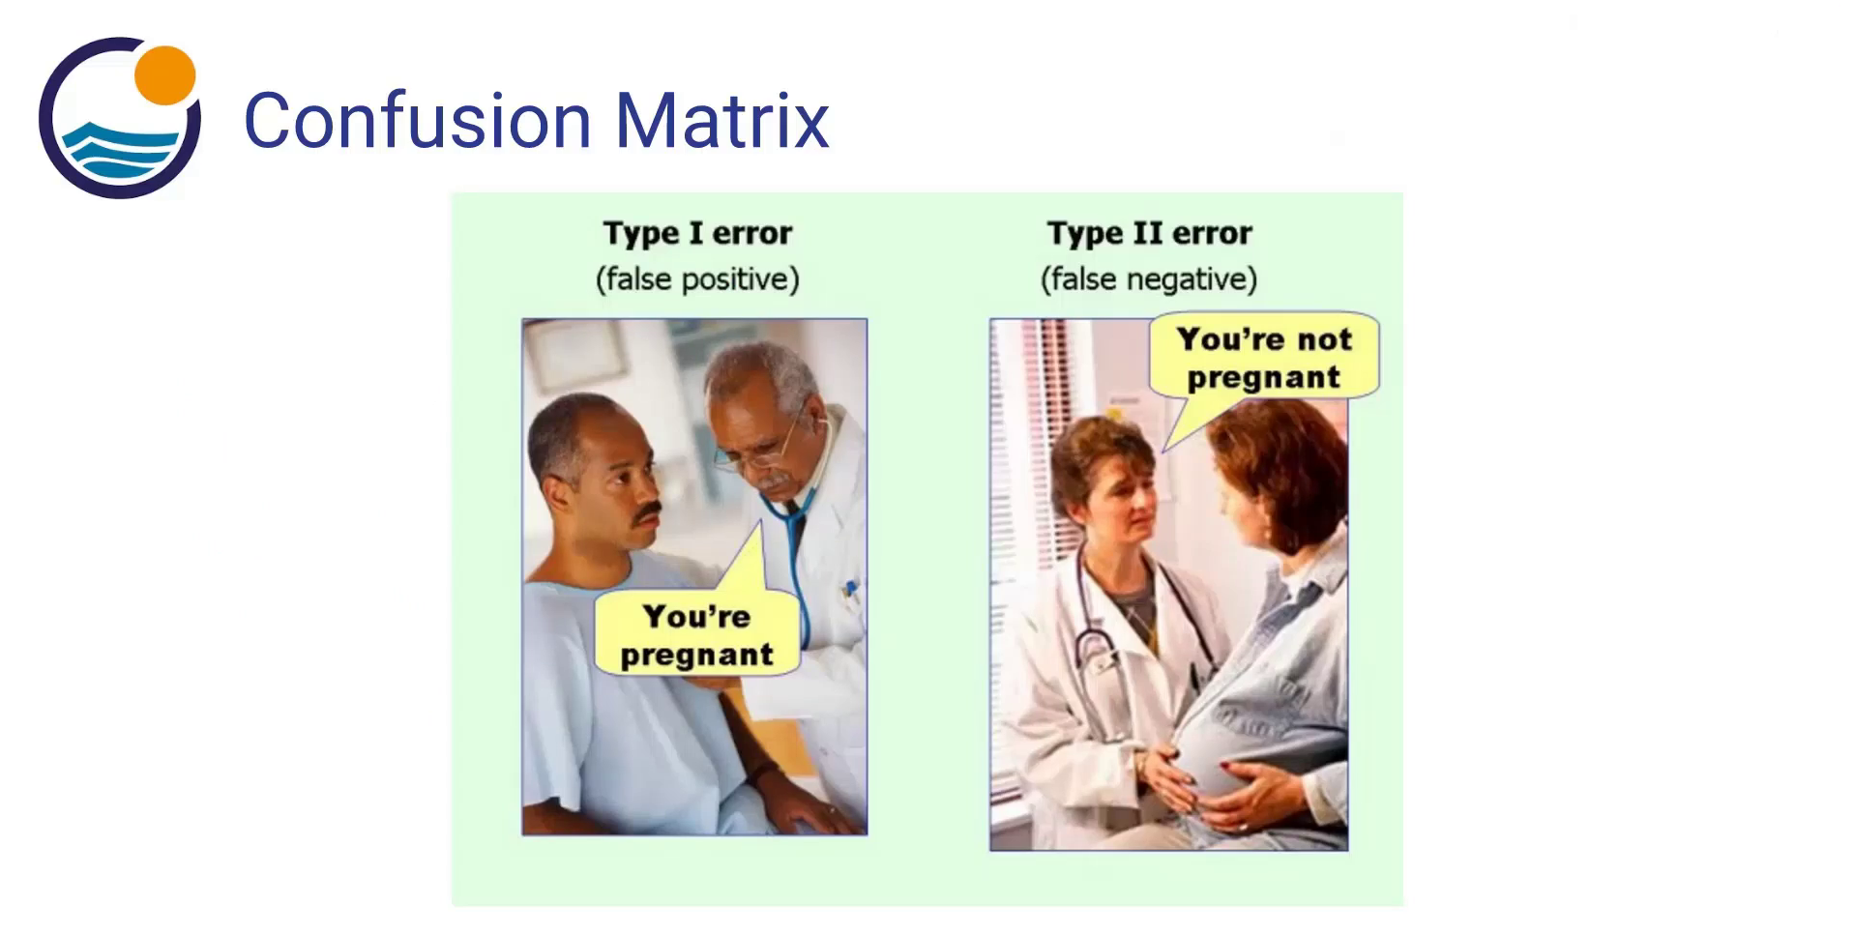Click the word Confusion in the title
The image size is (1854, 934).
[417, 121]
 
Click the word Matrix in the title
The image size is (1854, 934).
[722, 121]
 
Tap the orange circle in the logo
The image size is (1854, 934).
[165, 74]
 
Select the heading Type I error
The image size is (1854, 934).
[697, 233]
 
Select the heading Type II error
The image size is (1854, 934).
[1149, 233]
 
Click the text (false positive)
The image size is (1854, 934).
[697, 279]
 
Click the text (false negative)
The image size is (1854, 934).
[1149, 279]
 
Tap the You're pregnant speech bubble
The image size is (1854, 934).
[696, 635]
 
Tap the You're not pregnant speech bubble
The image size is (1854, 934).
[1263, 358]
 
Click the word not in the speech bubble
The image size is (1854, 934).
[1324, 339]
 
